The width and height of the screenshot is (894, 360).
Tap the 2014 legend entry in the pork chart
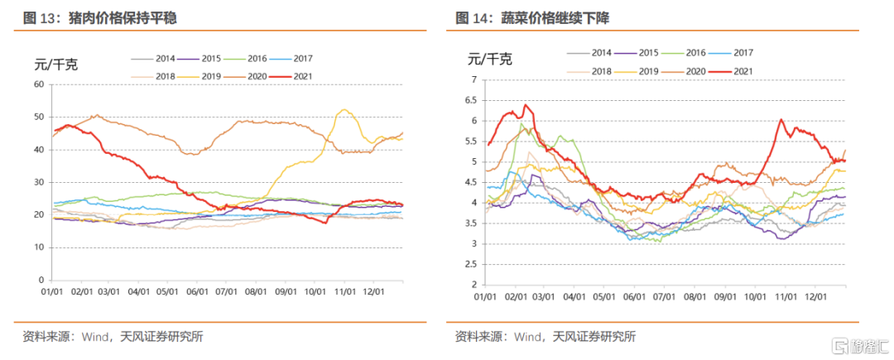click(154, 59)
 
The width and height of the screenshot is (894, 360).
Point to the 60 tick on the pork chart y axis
click(37, 84)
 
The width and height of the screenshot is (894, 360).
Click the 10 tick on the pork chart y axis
click(37, 247)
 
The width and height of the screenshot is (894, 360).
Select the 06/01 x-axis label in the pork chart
click(197, 292)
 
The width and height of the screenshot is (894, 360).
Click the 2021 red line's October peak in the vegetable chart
click(781, 120)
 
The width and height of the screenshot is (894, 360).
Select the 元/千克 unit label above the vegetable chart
click(489, 59)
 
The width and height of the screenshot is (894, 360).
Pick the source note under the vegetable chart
click(546, 336)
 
